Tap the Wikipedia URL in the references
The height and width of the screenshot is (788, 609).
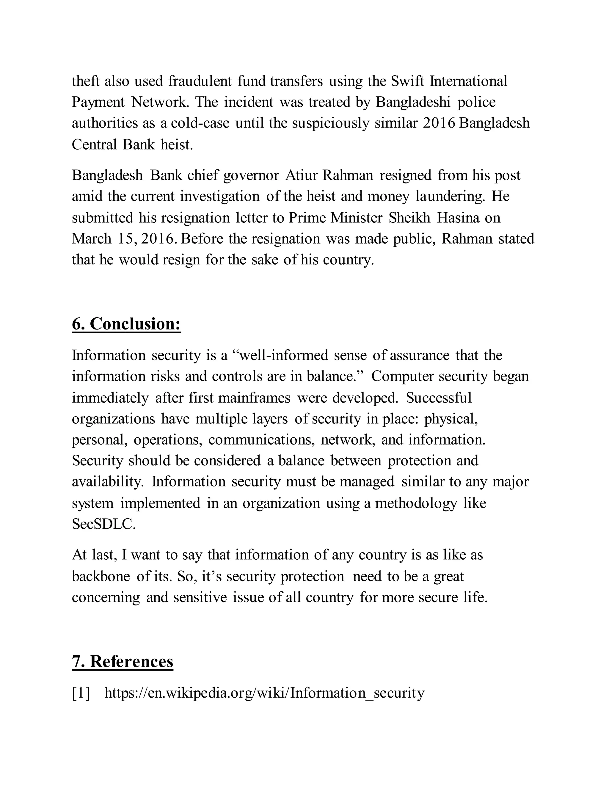pyautogui.click(x=264, y=693)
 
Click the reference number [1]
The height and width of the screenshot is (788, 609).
pyautogui.click(x=81, y=693)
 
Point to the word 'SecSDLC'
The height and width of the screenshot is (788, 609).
pyautogui.click(x=103, y=524)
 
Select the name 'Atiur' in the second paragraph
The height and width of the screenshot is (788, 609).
pyautogui.click(x=301, y=175)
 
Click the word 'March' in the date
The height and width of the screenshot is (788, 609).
pyautogui.click(x=92, y=239)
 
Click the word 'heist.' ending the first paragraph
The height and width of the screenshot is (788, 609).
pyautogui.click(x=177, y=145)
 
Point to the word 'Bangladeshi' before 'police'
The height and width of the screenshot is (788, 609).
pyautogui.click(x=413, y=102)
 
